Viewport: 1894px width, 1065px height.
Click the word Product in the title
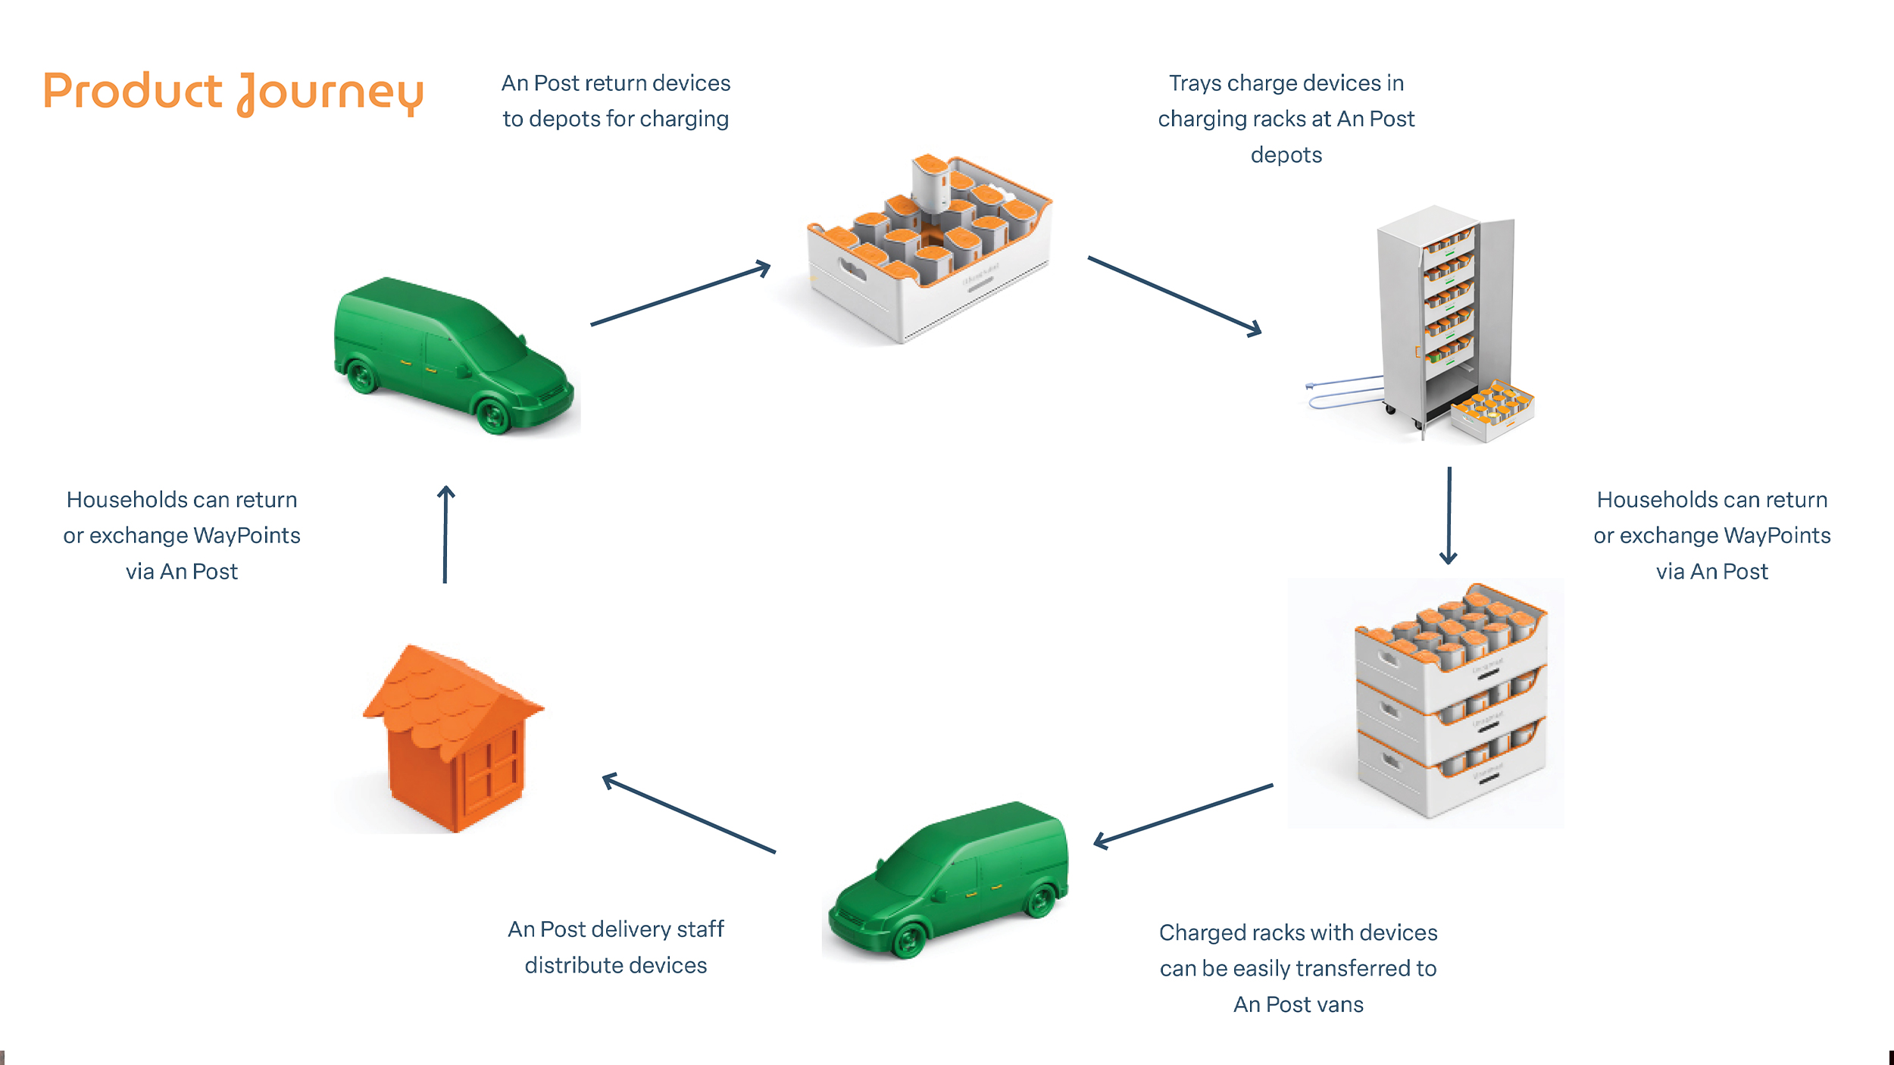click(x=133, y=91)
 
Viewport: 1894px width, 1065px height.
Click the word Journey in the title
click(x=330, y=94)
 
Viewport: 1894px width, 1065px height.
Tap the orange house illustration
click(x=453, y=738)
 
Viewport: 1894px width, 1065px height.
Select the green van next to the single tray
click(x=453, y=355)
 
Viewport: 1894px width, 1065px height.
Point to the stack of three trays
click(x=1451, y=701)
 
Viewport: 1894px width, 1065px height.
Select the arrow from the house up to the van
click(x=445, y=534)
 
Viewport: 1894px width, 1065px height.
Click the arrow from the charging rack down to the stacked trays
click(x=1449, y=516)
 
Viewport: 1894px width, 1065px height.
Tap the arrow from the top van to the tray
click(x=680, y=293)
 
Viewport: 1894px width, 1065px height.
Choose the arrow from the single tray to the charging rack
click(x=1175, y=295)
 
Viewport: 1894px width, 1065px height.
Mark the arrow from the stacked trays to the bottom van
click(x=1183, y=816)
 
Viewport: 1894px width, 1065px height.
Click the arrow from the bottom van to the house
click(x=689, y=813)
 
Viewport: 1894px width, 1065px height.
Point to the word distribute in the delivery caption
click(x=574, y=966)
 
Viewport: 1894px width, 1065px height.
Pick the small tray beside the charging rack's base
click(x=1492, y=410)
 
